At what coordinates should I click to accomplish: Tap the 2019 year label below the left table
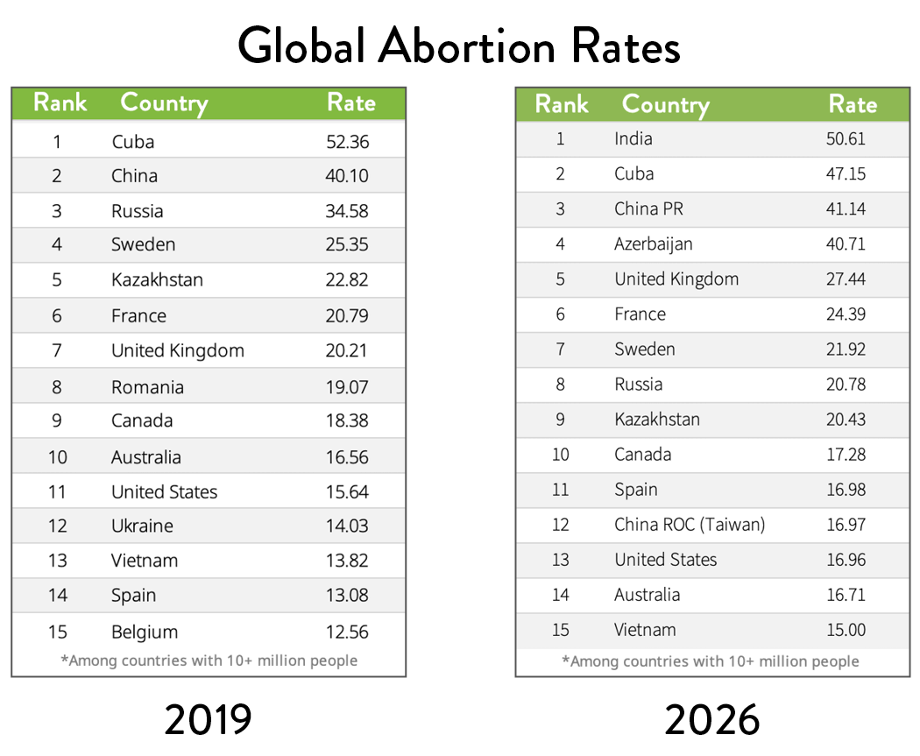click(x=209, y=720)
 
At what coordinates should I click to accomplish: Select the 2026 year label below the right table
click(x=711, y=720)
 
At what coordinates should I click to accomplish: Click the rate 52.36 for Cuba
click(x=347, y=141)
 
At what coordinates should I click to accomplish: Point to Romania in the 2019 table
click(x=147, y=386)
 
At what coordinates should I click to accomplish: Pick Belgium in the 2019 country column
click(x=145, y=632)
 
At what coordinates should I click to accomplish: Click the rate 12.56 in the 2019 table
click(x=347, y=632)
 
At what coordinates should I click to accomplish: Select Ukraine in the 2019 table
click(x=142, y=526)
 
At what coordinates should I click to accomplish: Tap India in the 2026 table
click(x=633, y=138)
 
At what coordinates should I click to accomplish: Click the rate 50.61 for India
click(x=846, y=138)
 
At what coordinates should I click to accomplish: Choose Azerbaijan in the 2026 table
click(x=654, y=244)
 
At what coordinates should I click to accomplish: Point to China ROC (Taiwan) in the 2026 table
click(x=690, y=524)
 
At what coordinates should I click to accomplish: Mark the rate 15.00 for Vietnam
click(x=846, y=629)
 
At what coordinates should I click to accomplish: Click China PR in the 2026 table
click(x=648, y=208)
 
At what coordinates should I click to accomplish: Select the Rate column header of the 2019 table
click(x=350, y=102)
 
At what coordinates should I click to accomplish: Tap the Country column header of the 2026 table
click(x=665, y=105)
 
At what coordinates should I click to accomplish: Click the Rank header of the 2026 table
click(x=562, y=105)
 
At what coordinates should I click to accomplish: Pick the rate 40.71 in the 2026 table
click(x=846, y=244)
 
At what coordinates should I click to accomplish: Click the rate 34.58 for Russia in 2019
click(x=347, y=211)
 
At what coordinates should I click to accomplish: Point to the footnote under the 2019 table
click(x=209, y=661)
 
